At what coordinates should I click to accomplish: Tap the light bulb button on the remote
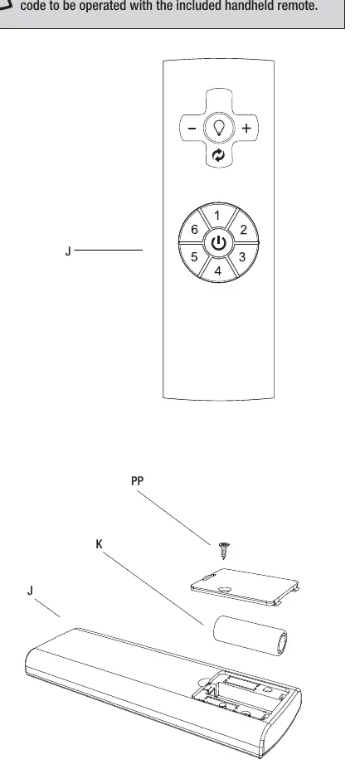218,128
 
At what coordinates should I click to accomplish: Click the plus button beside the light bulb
246,129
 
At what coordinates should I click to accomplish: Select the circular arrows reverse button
218,156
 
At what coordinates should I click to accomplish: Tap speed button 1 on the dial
217,215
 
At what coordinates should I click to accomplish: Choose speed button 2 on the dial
243,230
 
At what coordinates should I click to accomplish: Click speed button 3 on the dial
242,257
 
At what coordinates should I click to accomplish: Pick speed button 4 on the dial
218,271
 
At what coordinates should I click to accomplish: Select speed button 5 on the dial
194,257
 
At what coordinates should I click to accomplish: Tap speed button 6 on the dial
194,230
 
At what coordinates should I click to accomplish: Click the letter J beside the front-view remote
68,251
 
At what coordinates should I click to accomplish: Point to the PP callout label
138,481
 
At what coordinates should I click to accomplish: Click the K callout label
99,544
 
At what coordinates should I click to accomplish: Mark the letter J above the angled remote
31,591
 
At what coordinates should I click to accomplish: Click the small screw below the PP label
224,550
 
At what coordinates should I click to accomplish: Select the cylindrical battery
251,635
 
